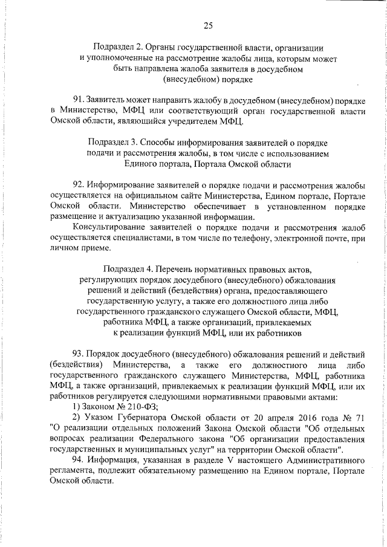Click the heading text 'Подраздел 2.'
(119, 47)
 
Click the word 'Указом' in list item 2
(96, 418)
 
